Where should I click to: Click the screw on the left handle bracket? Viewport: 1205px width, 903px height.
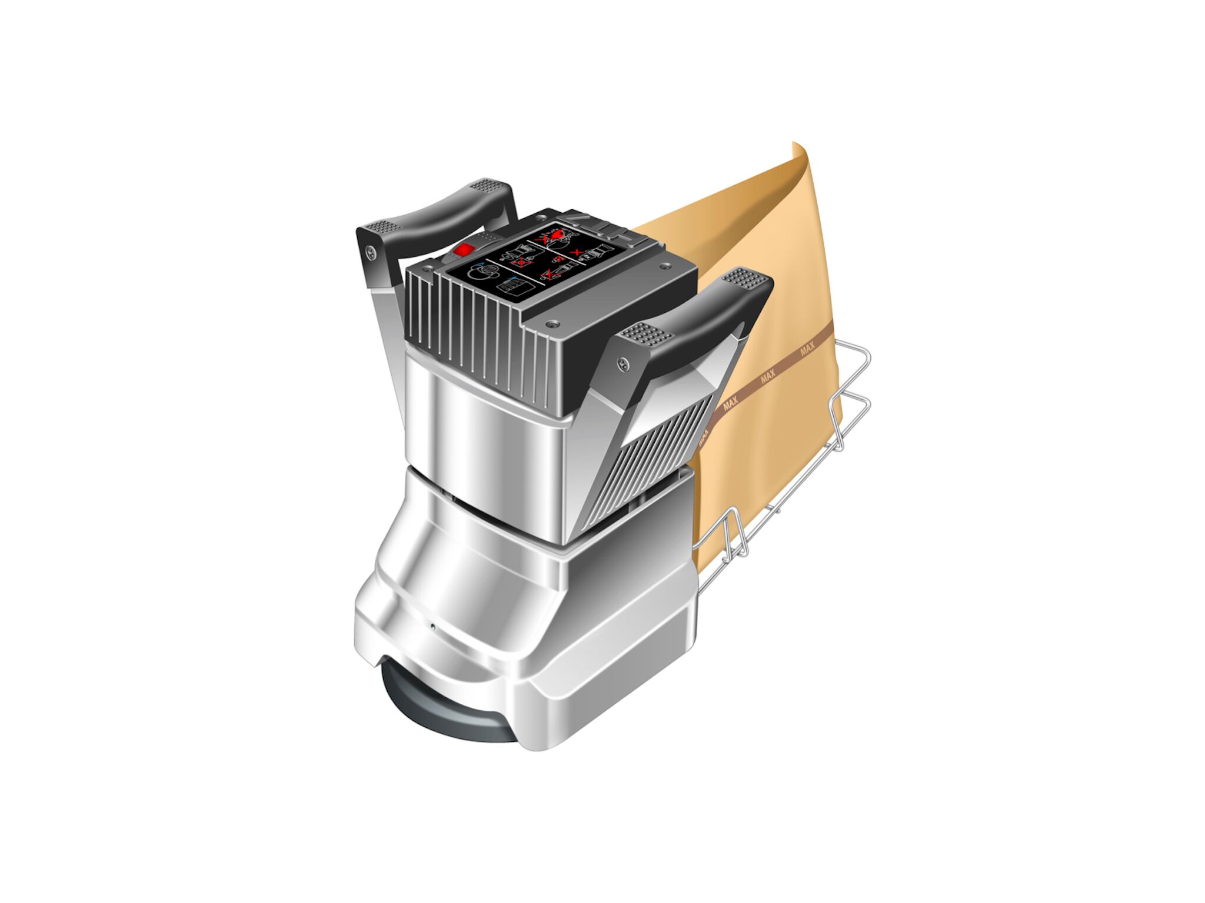pos(370,252)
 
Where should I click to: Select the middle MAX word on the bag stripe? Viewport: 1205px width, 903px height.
pos(768,376)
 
